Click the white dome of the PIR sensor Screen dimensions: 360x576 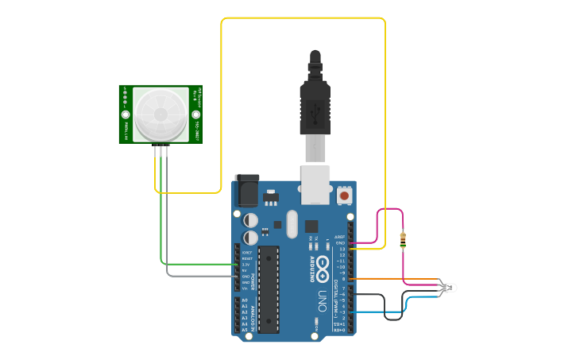click(160, 114)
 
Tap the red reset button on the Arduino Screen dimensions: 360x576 click(345, 195)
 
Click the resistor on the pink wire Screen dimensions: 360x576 click(404, 240)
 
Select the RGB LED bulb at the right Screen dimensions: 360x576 click(450, 286)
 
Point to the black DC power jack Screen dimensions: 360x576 click(246, 191)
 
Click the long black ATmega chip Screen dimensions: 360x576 click(269, 288)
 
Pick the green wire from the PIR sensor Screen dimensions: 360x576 click(162, 215)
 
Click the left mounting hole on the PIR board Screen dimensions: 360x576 click(126, 114)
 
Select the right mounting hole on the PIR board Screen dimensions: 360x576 click(195, 114)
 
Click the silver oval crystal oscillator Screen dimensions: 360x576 click(291, 224)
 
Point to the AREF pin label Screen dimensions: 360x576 click(340, 237)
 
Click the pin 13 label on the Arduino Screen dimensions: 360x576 click(342, 249)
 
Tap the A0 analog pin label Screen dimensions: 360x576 click(245, 300)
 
